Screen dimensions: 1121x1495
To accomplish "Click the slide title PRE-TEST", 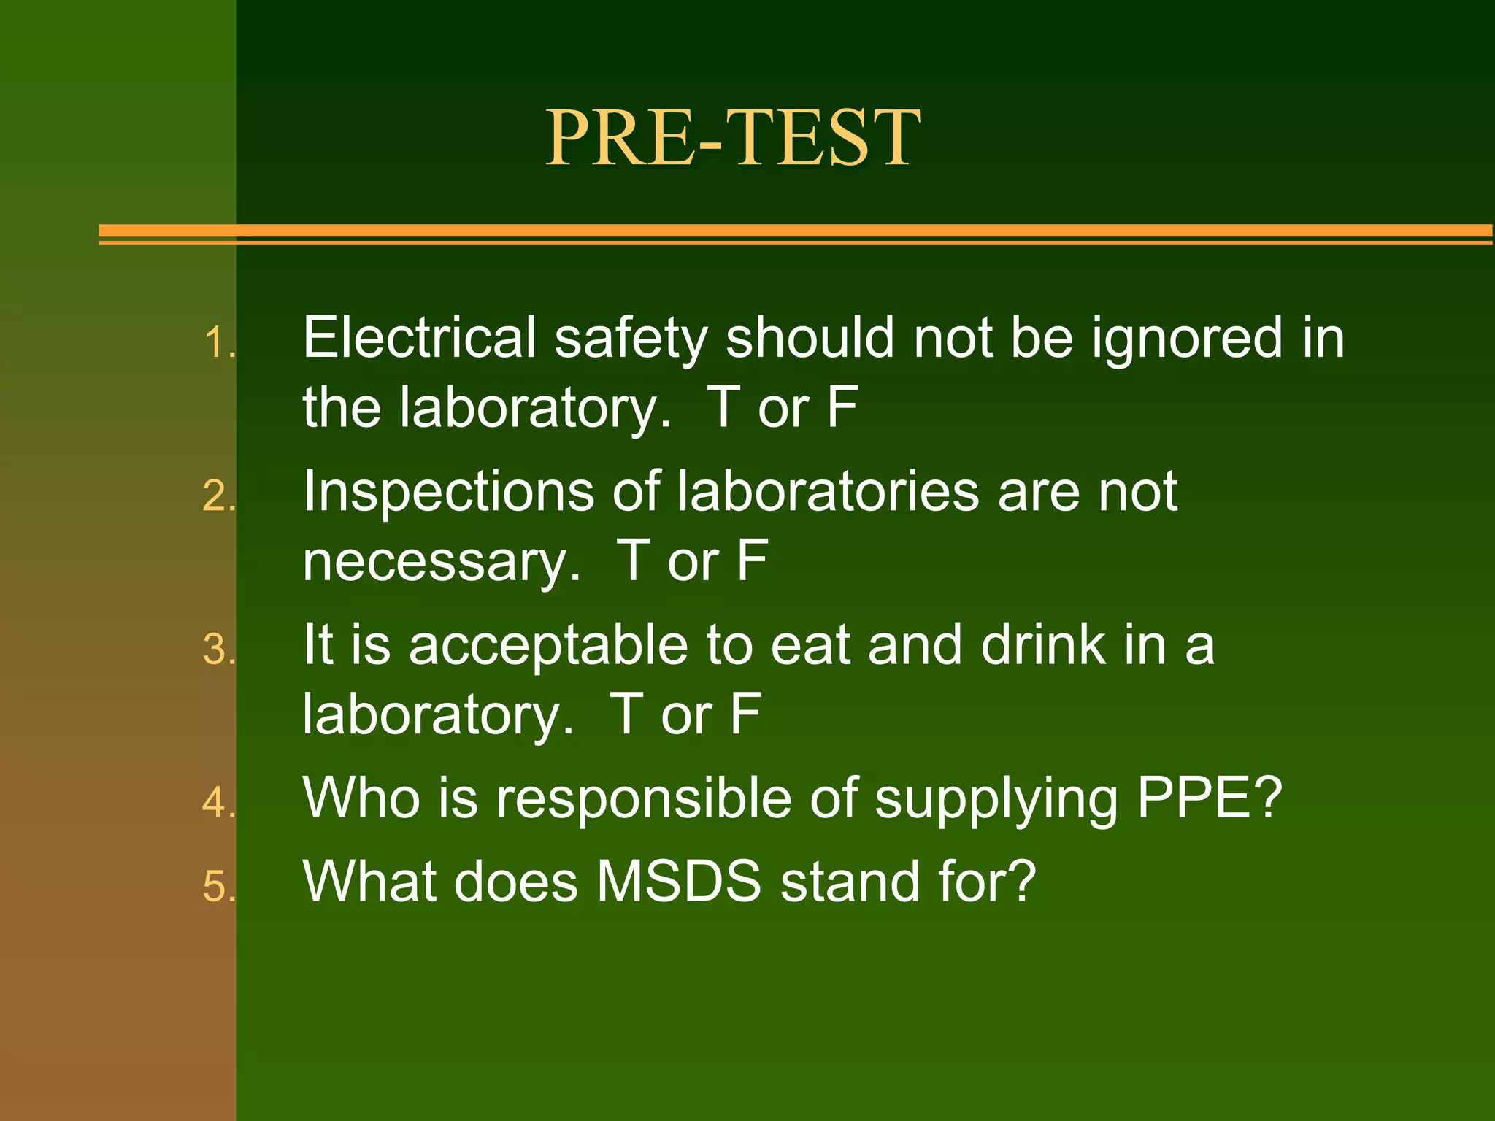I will (x=732, y=137).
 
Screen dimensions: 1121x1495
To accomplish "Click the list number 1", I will (x=218, y=343).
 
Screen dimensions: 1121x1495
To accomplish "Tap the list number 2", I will (x=218, y=497).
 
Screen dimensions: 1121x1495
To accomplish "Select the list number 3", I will (x=218, y=650).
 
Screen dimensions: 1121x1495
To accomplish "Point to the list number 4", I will (x=218, y=804).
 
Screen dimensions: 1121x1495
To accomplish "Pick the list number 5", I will (x=218, y=887).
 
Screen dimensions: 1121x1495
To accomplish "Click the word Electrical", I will (x=419, y=338).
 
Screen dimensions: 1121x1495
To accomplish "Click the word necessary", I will (x=441, y=562).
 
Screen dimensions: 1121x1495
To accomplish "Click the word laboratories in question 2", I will (x=828, y=491).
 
